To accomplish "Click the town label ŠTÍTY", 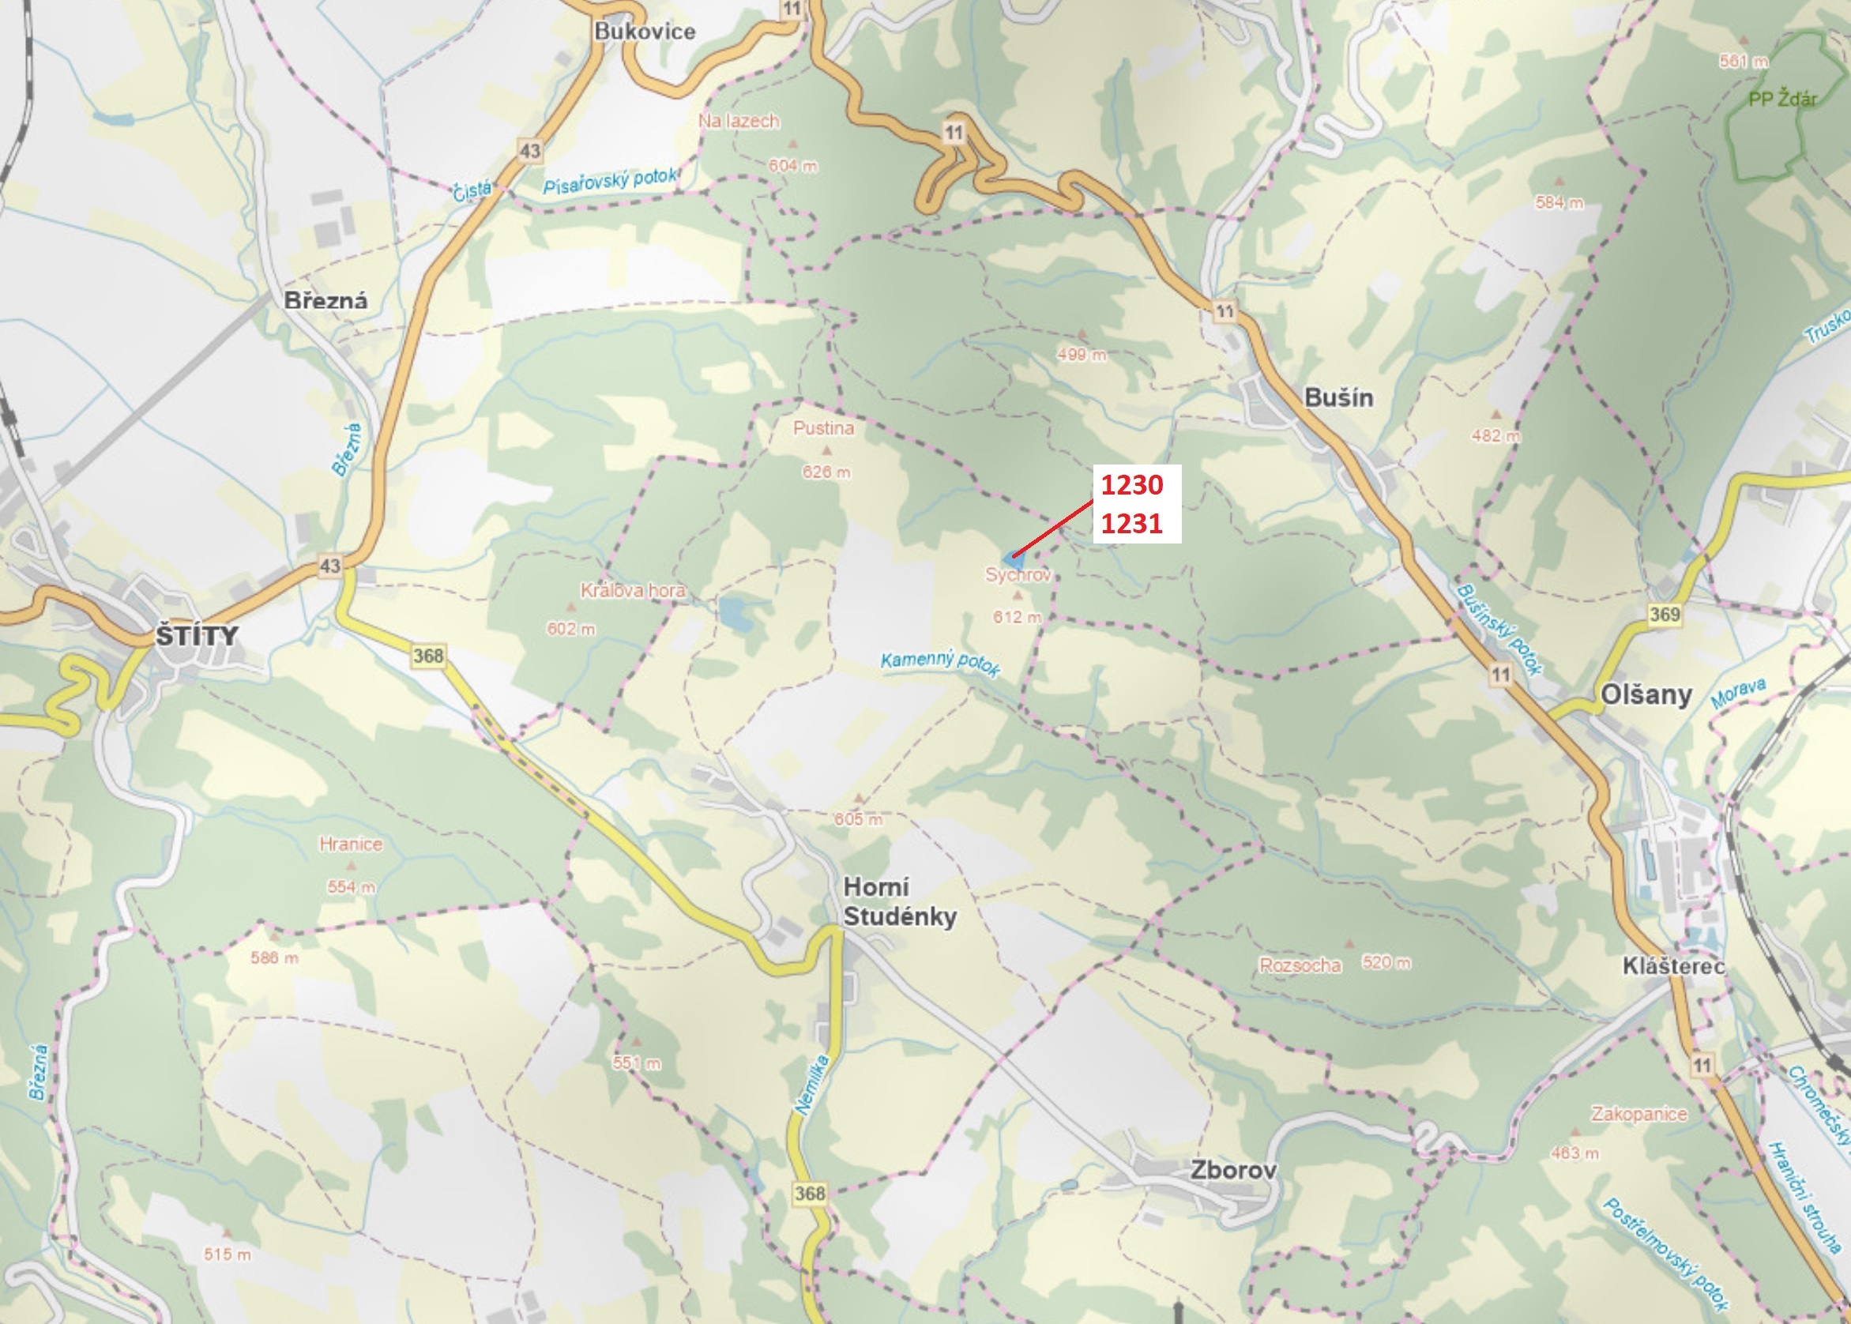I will [197, 635].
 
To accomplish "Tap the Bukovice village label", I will [644, 32].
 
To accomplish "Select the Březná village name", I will [325, 301].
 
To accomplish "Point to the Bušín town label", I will [1338, 398].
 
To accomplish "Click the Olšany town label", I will [1646, 694].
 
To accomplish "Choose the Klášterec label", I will [1673, 966].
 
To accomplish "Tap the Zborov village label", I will [1233, 1170].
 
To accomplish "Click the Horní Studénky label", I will [899, 901].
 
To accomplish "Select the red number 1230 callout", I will [1131, 485].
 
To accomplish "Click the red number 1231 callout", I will [1131, 524].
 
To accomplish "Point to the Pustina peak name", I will [823, 428].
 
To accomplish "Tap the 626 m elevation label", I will [826, 472].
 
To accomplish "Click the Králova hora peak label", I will [633, 590].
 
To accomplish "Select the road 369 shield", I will [1665, 614].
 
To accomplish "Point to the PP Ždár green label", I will [1782, 100].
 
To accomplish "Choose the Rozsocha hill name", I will [1300, 965].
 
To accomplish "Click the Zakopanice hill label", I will [1639, 1114].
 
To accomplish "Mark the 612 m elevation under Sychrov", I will [1017, 617].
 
